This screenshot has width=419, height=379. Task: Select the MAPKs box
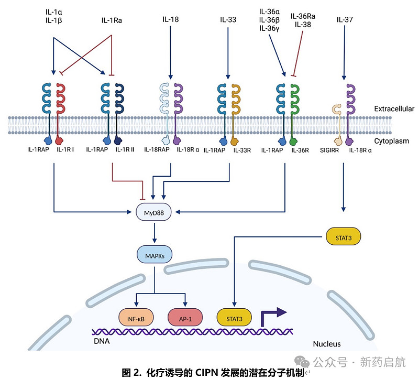[x=155, y=255]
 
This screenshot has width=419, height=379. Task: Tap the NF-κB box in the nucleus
[x=136, y=317]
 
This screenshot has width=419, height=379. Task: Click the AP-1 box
[x=185, y=317]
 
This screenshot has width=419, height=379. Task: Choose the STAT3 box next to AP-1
[x=234, y=317]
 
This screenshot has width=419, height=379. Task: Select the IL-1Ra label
[x=112, y=20]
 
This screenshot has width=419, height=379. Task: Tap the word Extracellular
[x=394, y=109]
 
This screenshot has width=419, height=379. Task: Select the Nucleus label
[x=327, y=344]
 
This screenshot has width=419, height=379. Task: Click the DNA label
[x=102, y=341]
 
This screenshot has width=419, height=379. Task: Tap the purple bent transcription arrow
[x=274, y=316]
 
